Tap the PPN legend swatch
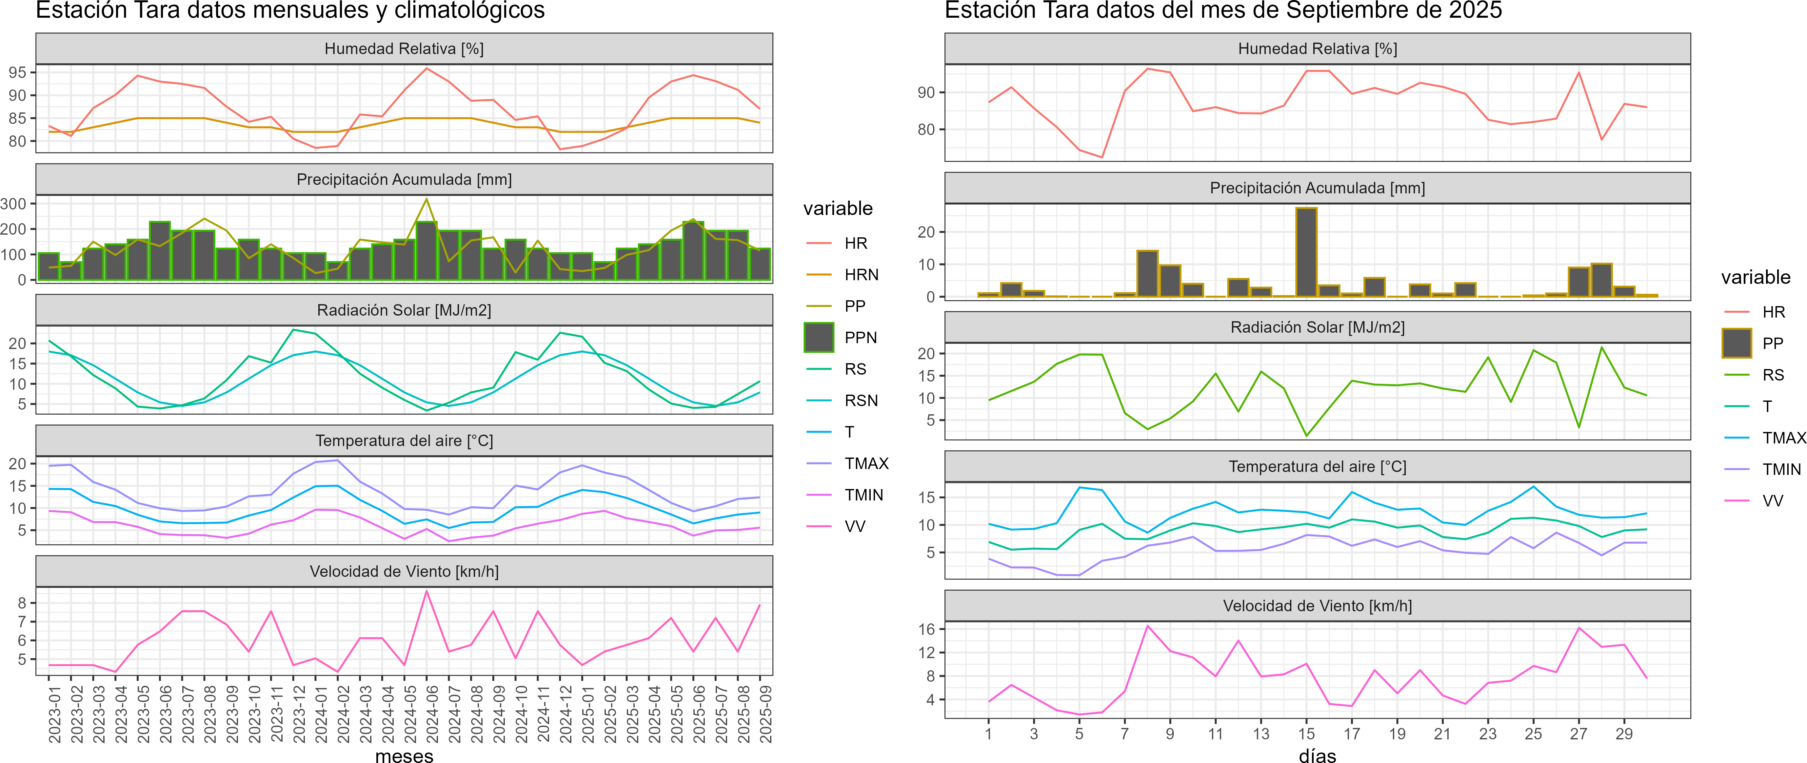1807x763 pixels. tap(819, 337)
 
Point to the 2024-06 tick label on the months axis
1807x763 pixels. tap(432, 714)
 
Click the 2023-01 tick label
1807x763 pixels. tap(55, 714)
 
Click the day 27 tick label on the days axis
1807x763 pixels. tap(1578, 734)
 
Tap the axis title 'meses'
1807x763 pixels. tap(404, 755)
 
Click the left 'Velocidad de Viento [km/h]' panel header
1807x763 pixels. tap(404, 572)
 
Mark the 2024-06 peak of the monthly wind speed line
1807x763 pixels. tap(427, 591)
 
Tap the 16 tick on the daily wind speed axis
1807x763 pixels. tap(926, 629)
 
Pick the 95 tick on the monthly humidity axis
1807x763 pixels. tap(17, 72)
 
